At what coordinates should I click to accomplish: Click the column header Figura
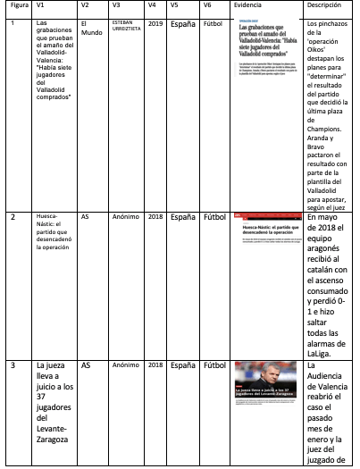pyautogui.click(x=17, y=5)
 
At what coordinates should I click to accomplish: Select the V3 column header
pyautogui.click(x=117, y=5)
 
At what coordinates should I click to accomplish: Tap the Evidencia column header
pyautogui.click(x=247, y=5)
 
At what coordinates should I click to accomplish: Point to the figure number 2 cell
pyautogui.click(x=13, y=217)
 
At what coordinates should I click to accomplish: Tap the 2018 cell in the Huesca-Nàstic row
pyautogui.click(x=155, y=217)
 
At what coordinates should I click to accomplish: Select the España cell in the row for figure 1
pyautogui.click(x=182, y=21)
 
